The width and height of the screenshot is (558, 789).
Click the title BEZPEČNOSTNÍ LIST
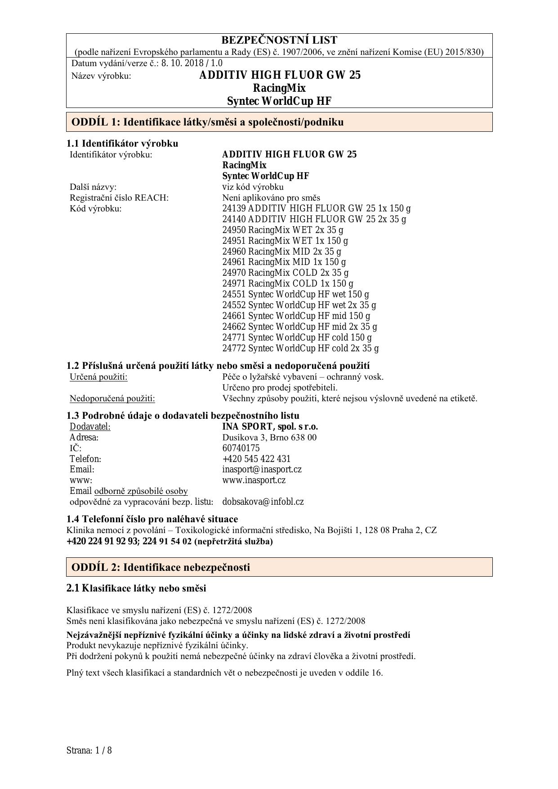click(279, 40)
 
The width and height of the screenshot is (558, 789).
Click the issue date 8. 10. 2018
click(179, 63)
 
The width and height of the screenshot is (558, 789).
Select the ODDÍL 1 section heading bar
click(279, 122)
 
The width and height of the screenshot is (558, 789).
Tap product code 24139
click(234, 208)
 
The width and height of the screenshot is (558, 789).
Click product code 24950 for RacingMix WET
click(234, 230)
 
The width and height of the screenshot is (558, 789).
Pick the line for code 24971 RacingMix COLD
click(288, 283)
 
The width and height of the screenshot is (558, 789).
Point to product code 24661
click(234, 316)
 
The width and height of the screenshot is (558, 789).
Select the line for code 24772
click(300, 348)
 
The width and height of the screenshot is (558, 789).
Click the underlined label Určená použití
click(98, 377)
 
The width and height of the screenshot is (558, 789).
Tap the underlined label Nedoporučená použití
click(112, 399)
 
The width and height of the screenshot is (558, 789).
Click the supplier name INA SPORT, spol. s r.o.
click(270, 426)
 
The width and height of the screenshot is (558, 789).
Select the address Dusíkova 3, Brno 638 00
click(269, 437)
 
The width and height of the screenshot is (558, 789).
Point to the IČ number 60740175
click(241, 448)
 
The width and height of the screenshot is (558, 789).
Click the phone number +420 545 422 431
click(256, 459)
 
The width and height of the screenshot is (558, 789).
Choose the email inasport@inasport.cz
click(262, 469)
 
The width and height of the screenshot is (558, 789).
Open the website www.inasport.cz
click(254, 480)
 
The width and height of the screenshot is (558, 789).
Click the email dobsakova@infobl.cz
click(263, 502)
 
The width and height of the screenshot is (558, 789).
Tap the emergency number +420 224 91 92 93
click(102, 541)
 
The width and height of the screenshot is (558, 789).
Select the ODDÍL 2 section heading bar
click(279, 567)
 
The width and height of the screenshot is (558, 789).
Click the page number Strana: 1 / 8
click(89, 750)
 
